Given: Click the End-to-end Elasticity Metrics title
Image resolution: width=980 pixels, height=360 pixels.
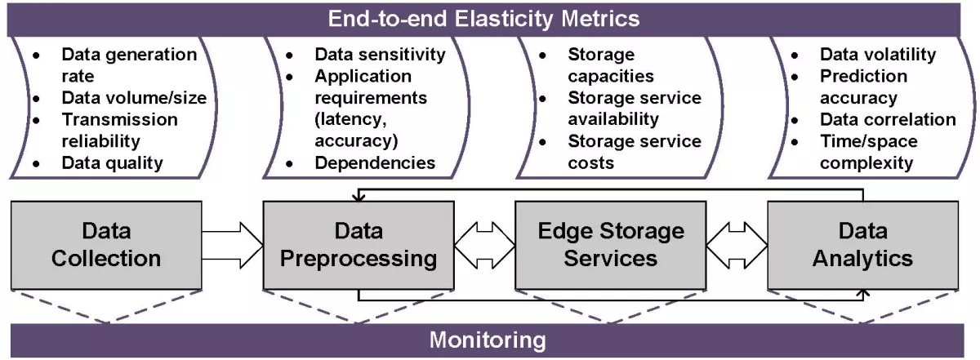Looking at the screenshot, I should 484,18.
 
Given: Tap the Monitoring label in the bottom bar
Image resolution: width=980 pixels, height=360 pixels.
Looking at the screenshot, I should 488,339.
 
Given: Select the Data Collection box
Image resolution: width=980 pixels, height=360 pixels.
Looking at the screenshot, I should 105,245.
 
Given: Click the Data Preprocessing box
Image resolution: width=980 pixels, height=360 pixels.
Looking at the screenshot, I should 359,245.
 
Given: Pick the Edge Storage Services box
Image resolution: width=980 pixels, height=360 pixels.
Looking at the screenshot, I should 610,245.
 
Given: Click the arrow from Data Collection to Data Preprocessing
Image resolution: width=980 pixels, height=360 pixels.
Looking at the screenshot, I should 232,245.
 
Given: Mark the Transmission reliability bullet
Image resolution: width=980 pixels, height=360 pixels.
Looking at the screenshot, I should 119,130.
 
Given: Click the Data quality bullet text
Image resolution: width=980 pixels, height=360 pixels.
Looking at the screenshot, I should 113,162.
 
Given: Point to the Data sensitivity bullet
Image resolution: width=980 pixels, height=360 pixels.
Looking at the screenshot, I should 380,55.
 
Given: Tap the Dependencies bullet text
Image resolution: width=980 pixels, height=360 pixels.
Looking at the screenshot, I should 375,162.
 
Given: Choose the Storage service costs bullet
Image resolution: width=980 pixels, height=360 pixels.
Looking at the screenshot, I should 634,152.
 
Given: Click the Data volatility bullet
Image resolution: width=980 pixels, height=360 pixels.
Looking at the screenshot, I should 877,55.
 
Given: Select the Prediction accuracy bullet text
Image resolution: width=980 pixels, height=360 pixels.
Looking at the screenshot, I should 862,87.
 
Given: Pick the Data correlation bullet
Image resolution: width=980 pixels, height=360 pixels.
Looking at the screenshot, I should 887,119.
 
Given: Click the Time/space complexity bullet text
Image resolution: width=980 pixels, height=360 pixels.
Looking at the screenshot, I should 868,152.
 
